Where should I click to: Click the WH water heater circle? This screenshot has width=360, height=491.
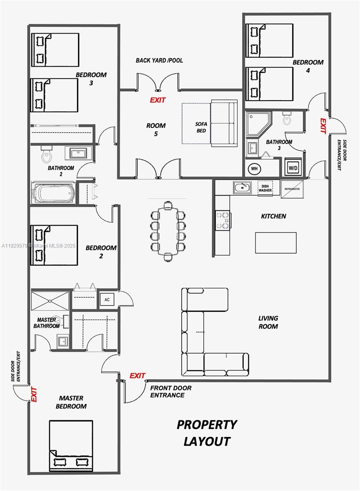pyautogui.click(x=254, y=169)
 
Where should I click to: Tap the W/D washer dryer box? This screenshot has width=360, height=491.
pyautogui.click(x=293, y=167)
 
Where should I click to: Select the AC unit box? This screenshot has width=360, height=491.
pyautogui.click(x=107, y=300)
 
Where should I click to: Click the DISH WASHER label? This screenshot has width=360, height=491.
pyautogui.click(x=265, y=188)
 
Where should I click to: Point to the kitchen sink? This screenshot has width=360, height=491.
pyautogui.click(x=242, y=187)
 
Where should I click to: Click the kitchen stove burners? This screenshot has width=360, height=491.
pyautogui.click(x=223, y=220)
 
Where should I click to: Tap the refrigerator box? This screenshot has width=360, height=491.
pyautogui.click(x=292, y=189)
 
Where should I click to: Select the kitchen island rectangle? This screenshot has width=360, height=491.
pyautogui.click(x=276, y=243)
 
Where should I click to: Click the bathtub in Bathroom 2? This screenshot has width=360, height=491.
pyautogui.click(x=53, y=192)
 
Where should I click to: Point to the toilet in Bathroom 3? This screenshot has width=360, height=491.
pyautogui.click(x=287, y=118)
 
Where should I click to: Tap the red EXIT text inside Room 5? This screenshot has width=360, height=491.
pyautogui.click(x=157, y=100)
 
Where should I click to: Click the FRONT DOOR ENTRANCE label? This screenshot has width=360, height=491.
pyautogui.click(x=171, y=392)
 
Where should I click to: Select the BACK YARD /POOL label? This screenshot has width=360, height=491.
pyautogui.click(x=159, y=60)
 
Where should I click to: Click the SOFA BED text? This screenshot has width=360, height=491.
pyautogui.click(x=201, y=127)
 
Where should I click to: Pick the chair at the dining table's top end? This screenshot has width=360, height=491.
pyautogui.click(x=168, y=205)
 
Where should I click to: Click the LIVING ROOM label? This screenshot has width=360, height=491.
pyautogui.click(x=268, y=322)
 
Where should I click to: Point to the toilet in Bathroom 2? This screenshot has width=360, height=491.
pyautogui.click(x=47, y=154)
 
